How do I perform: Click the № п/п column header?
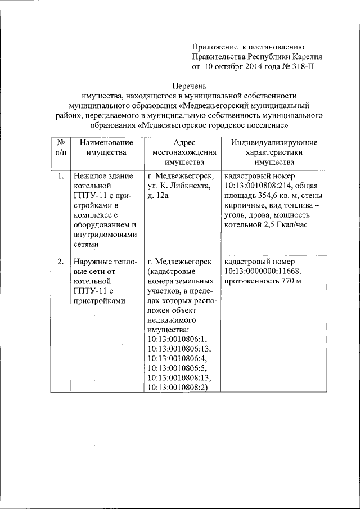point(58,147)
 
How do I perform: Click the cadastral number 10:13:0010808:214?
point(257,186)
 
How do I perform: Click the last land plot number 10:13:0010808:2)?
point(178,388)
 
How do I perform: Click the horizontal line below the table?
point(188,424)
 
